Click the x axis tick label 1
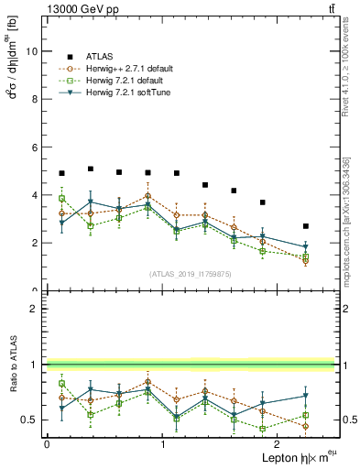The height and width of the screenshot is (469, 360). coord(163,444)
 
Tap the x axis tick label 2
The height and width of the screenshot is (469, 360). coord(279,444)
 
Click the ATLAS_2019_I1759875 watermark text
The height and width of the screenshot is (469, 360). coord(189,274)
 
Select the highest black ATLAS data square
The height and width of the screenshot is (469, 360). coord(90,169)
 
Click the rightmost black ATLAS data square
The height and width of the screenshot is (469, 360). coord(306,226)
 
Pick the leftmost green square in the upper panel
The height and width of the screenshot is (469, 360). coord(61,198)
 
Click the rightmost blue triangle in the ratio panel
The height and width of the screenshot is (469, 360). coord(306,396)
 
